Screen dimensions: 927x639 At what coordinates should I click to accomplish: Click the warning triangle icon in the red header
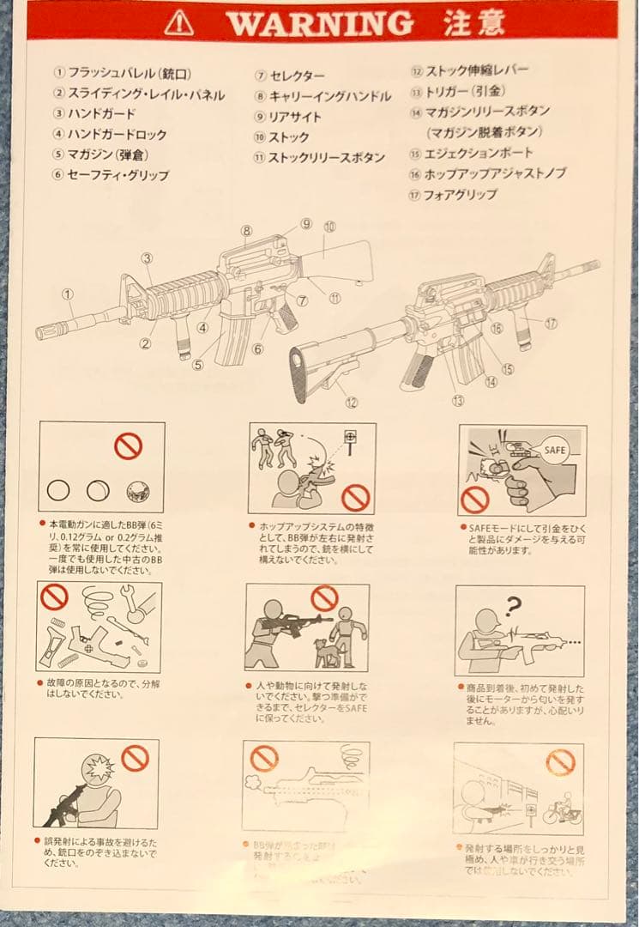pos(178,23)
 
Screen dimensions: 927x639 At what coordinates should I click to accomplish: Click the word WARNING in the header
pos(320,23)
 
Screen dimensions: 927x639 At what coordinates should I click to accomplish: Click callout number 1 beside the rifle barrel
pos(67,294)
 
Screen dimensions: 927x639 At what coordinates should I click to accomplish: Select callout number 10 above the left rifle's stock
pos(330,227)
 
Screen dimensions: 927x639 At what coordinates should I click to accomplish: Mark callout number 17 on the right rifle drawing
pos(550,324)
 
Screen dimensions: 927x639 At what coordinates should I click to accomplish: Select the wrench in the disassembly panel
pos(137,604)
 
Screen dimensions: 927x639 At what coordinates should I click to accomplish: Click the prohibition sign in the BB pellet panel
pos(128,445)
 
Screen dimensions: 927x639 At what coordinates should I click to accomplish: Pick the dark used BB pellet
pos(137,492)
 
